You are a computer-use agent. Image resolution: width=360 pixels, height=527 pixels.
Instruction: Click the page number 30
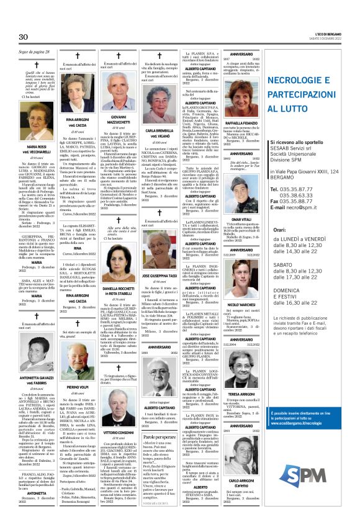point(25,37)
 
